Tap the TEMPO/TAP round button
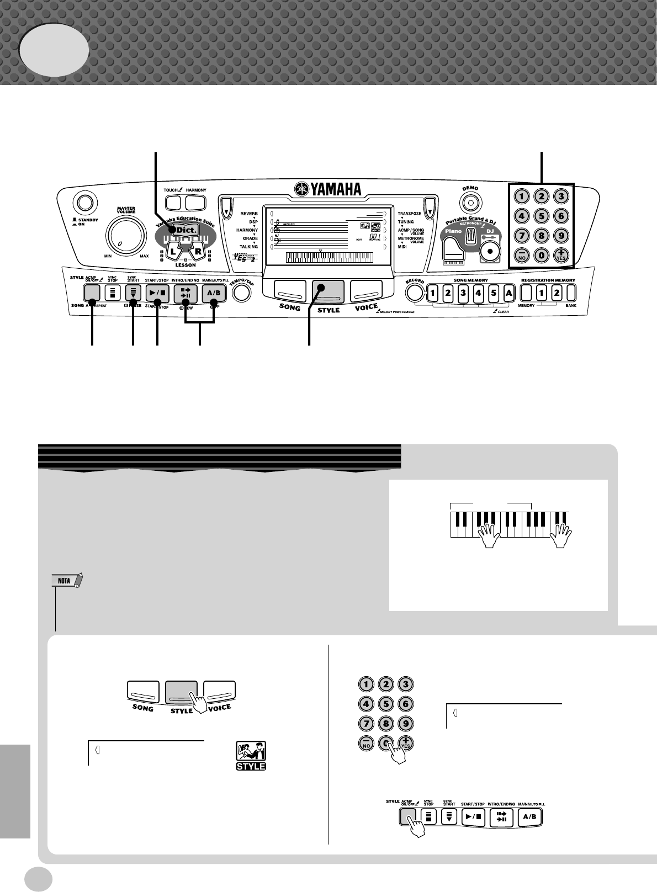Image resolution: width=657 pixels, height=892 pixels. [x=241, y=293]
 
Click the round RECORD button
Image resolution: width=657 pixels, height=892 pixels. [x=415, y=293]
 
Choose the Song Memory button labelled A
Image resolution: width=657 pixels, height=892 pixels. [x=508, y=292]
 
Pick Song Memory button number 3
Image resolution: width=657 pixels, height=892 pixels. [x=464, y=292]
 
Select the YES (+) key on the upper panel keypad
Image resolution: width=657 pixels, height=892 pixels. [x=561, y=255]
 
